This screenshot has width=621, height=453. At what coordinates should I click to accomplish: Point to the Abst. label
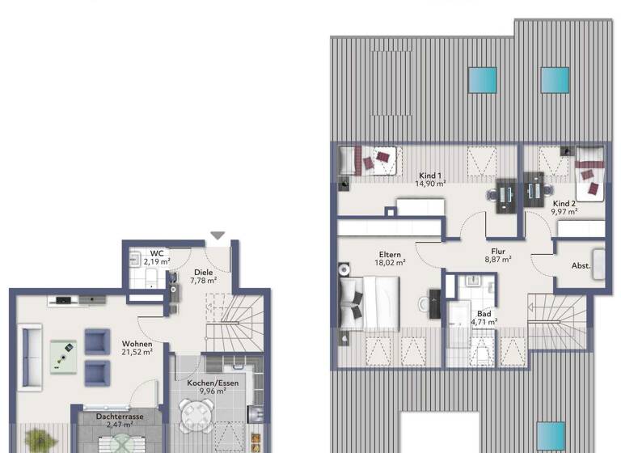[x=581, y=265]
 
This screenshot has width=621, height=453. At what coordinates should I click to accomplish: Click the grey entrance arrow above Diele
[x=218, y=235]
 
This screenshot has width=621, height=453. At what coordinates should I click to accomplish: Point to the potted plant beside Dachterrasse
[x=36, y=442]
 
